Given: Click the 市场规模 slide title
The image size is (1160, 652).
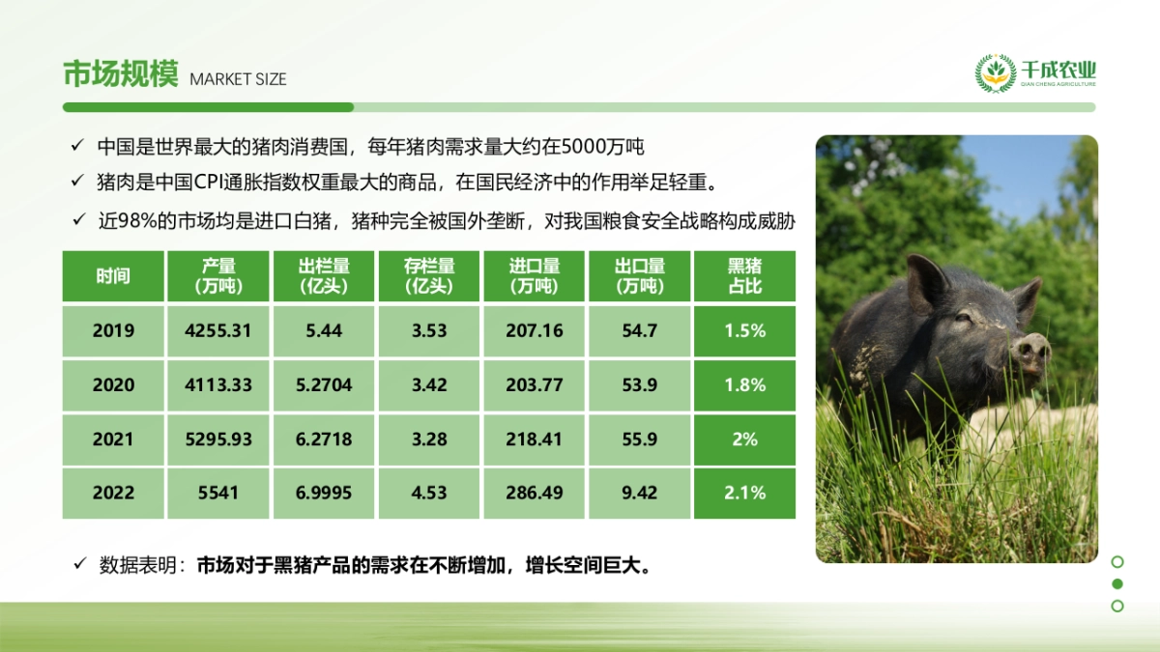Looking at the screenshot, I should [120, 74].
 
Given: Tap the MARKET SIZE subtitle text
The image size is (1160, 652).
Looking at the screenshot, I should [238, 79].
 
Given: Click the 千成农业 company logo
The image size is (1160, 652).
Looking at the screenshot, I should [1035, 73].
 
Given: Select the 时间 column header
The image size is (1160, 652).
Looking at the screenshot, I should [112, 276].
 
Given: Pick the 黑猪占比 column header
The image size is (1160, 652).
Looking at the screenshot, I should [744, 276].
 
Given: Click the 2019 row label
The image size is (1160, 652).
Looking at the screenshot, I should [113, 330].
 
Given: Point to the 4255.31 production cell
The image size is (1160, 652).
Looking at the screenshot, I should [217, 330].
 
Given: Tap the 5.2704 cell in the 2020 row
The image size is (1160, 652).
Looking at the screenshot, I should [324, 384].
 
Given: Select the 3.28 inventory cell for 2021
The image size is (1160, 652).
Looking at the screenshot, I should [429, 439].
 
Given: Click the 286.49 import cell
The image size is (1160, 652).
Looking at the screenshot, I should [534, 493].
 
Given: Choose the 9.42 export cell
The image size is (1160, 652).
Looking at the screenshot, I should [639, 493].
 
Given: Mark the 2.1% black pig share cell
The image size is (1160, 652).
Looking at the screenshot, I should [744, 493].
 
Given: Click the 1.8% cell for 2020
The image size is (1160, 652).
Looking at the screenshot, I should [744, 384].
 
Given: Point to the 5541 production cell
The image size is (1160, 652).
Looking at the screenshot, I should [217, 493].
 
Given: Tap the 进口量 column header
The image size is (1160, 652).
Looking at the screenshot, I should [534, 276].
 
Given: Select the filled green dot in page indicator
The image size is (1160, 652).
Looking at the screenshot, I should [1117, 583].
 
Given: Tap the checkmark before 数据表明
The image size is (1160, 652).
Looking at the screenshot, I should [80, 564].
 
